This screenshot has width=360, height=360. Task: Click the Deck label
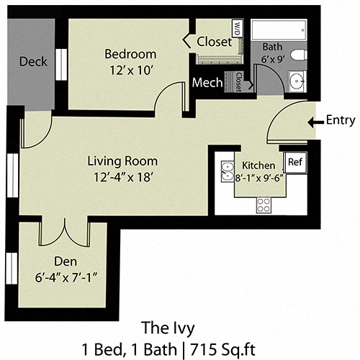tap(33, 61)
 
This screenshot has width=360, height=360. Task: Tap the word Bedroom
tap(130, 54)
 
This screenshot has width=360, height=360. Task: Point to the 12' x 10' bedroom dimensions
tap(130, 70)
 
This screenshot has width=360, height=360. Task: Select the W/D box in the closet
tap(237, 28)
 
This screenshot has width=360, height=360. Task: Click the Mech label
tap(207, 83)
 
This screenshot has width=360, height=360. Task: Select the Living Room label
tap(122, 161)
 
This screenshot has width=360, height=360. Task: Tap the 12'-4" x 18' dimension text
tap(122, 176)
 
